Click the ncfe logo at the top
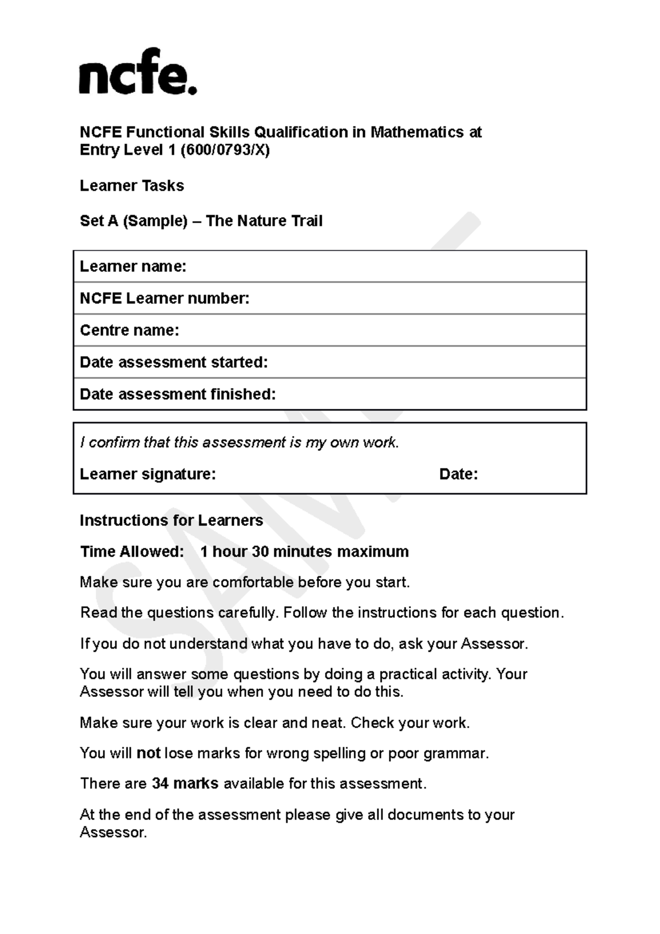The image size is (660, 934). [137, 73]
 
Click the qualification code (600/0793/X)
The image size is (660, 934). [225, 150]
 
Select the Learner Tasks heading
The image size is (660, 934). [131, 186]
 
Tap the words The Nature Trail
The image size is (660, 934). [264, 221]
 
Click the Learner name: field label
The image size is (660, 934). [133, 267]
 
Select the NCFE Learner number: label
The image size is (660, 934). [164, 299]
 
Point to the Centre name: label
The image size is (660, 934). [129, 331]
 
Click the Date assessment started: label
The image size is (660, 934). [174, 362]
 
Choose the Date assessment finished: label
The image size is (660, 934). [178, 394]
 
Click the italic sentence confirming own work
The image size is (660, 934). [239, 443]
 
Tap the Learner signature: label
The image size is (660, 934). [147, 474]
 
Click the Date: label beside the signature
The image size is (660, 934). [458, 474]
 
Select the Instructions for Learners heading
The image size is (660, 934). [171, 520]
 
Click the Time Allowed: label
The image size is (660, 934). [132, 552]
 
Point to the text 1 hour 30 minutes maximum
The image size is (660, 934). [304, 552]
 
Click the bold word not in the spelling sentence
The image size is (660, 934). [148, 753]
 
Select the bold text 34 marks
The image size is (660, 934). [185, 784]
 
